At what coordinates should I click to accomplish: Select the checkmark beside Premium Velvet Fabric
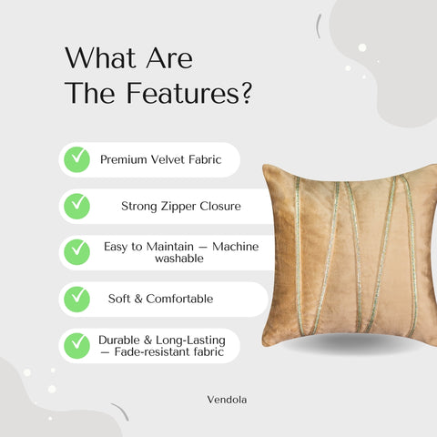tap(76, 159)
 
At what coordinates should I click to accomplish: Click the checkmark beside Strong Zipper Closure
tap(76, 206)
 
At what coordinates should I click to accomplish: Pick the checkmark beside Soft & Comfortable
tap(76, 298)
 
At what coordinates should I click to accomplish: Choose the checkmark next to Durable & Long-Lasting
tap(76, 345)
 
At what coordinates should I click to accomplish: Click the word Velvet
tap(171, 159)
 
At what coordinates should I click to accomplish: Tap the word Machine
tap(234, 246)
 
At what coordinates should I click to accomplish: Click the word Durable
tap(119, 339)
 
